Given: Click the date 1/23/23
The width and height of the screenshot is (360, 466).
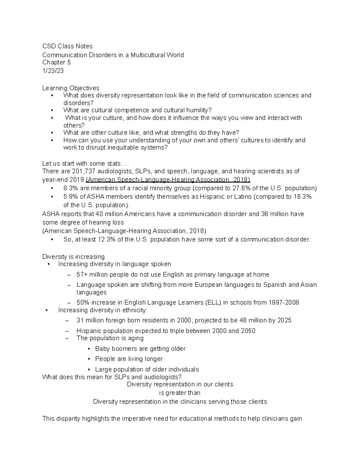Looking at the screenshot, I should point(53,71).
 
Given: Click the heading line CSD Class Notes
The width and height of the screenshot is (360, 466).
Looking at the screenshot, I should point(67,46).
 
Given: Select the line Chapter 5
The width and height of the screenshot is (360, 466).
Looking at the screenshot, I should point(56,62).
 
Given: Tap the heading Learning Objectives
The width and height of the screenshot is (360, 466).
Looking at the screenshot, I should point(70,88).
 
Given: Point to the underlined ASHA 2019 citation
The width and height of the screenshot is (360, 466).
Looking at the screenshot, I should point(168,180).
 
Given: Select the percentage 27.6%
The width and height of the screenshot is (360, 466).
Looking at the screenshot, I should point(240,188).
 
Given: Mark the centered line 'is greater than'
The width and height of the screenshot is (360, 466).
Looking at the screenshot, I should point(180,393).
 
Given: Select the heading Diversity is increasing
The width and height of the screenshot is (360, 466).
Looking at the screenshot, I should point(73,257).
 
